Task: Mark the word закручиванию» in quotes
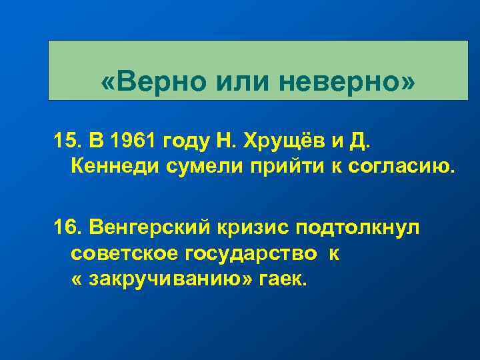pyautogui.click(x=172, y=279)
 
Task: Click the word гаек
pyautogui.click(x=285, y=279)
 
